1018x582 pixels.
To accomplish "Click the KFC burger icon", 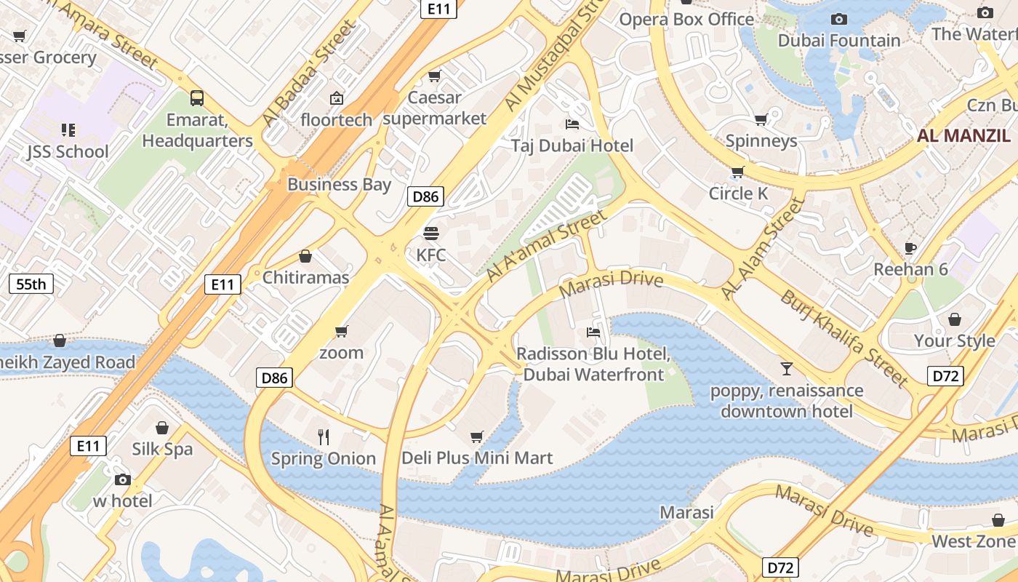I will [431, 234].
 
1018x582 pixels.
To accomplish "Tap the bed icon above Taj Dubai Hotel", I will [572, 124].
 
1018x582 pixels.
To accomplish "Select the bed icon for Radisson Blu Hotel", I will [593, 332].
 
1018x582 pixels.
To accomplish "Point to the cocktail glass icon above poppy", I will [786, 369].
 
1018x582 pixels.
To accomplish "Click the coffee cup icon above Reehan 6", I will [910, 248].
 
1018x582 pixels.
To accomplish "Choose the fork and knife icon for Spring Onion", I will [324, 436].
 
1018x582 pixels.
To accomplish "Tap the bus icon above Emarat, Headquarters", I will [196, 97].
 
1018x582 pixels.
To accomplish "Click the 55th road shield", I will [31, 284].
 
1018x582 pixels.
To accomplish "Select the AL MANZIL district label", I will [963, 135].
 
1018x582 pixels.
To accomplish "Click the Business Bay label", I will [339, 184].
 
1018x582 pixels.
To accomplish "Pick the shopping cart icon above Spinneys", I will [761, 119].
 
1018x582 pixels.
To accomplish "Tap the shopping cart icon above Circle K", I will [737, 172].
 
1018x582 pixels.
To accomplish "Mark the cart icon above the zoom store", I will [341, 332].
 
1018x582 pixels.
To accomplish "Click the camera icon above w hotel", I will [122, 479].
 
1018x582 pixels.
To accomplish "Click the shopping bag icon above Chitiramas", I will [305, 256].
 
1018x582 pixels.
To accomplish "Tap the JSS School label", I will [68, 151].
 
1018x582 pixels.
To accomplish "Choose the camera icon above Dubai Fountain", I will [838, 20].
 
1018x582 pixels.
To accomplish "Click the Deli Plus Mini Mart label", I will [477, 458].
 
